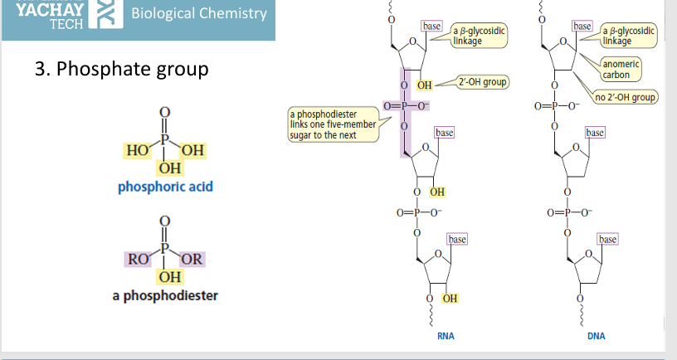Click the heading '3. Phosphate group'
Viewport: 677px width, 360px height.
pos(122,69)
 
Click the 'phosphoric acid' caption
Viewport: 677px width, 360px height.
pos(165,187)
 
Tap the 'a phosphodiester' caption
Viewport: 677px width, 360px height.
pos(165,295)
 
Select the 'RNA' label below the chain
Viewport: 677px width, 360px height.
pos(446,336)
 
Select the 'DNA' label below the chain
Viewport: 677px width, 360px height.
pos(597,336)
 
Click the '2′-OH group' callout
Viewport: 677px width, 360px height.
pos(483,82)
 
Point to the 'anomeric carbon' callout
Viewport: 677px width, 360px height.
pos(621,69)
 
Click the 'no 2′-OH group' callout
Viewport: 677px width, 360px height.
pos(626,97)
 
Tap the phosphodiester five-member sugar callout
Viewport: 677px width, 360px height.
pos(334,124)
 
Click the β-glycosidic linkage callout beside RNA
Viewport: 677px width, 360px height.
pos(479,36)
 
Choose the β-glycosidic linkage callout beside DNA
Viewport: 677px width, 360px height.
pos(629,36)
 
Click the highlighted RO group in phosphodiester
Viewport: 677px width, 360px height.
pos(138,260)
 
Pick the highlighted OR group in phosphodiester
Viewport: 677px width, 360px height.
pos(192,259)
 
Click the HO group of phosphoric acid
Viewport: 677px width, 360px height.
pos(137,151)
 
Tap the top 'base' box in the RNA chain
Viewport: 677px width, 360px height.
pos(431,26)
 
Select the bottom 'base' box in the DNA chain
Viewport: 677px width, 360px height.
pos(607,239)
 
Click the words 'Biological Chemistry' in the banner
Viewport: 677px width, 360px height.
pos(199,13)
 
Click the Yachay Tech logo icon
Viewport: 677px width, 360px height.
pos(106,14)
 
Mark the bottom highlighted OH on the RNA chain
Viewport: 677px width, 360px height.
pos(450,299)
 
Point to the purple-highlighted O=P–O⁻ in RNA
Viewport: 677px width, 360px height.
pos(406,105)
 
